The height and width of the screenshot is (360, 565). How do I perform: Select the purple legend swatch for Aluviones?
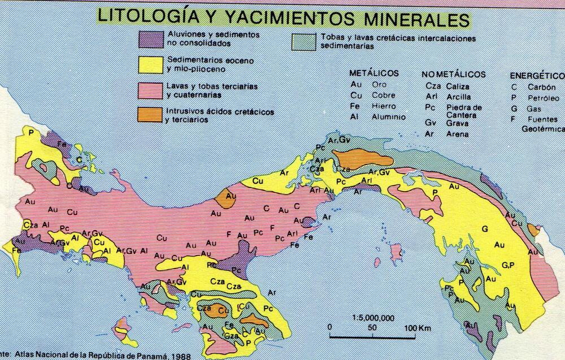pyautogui.click(x=150, y=38)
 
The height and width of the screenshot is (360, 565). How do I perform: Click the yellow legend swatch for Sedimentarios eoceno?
pyautogui.click(x=150, y=64)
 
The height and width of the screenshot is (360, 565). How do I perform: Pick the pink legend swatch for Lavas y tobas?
pyautogui.click(x=150, y=90)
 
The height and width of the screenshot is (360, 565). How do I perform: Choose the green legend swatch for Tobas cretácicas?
pyautogui.click(x=305, y=42)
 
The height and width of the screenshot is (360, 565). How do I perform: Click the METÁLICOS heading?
pyautogui.click(x=373, y=73)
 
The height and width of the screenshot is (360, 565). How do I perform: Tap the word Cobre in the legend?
pyautogui.click(x=384, y=95)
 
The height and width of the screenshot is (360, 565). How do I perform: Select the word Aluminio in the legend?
pyautogui.click(x=388, y=116)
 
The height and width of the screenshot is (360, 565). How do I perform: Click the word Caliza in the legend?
pyautogui.click(x=458, y=86)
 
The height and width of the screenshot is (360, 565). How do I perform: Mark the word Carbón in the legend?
pyautogui.click(x=542, y=87)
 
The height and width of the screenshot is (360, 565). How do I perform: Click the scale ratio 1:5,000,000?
pyautogui.click(x=372, y=317)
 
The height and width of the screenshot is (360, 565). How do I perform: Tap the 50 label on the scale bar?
pyautogui.click(x=372, y=328)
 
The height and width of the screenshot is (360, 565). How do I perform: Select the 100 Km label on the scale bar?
pyautogui.click(x=418, y=328)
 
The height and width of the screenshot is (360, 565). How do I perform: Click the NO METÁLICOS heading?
pyautogui.click(x=453, y=74)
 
